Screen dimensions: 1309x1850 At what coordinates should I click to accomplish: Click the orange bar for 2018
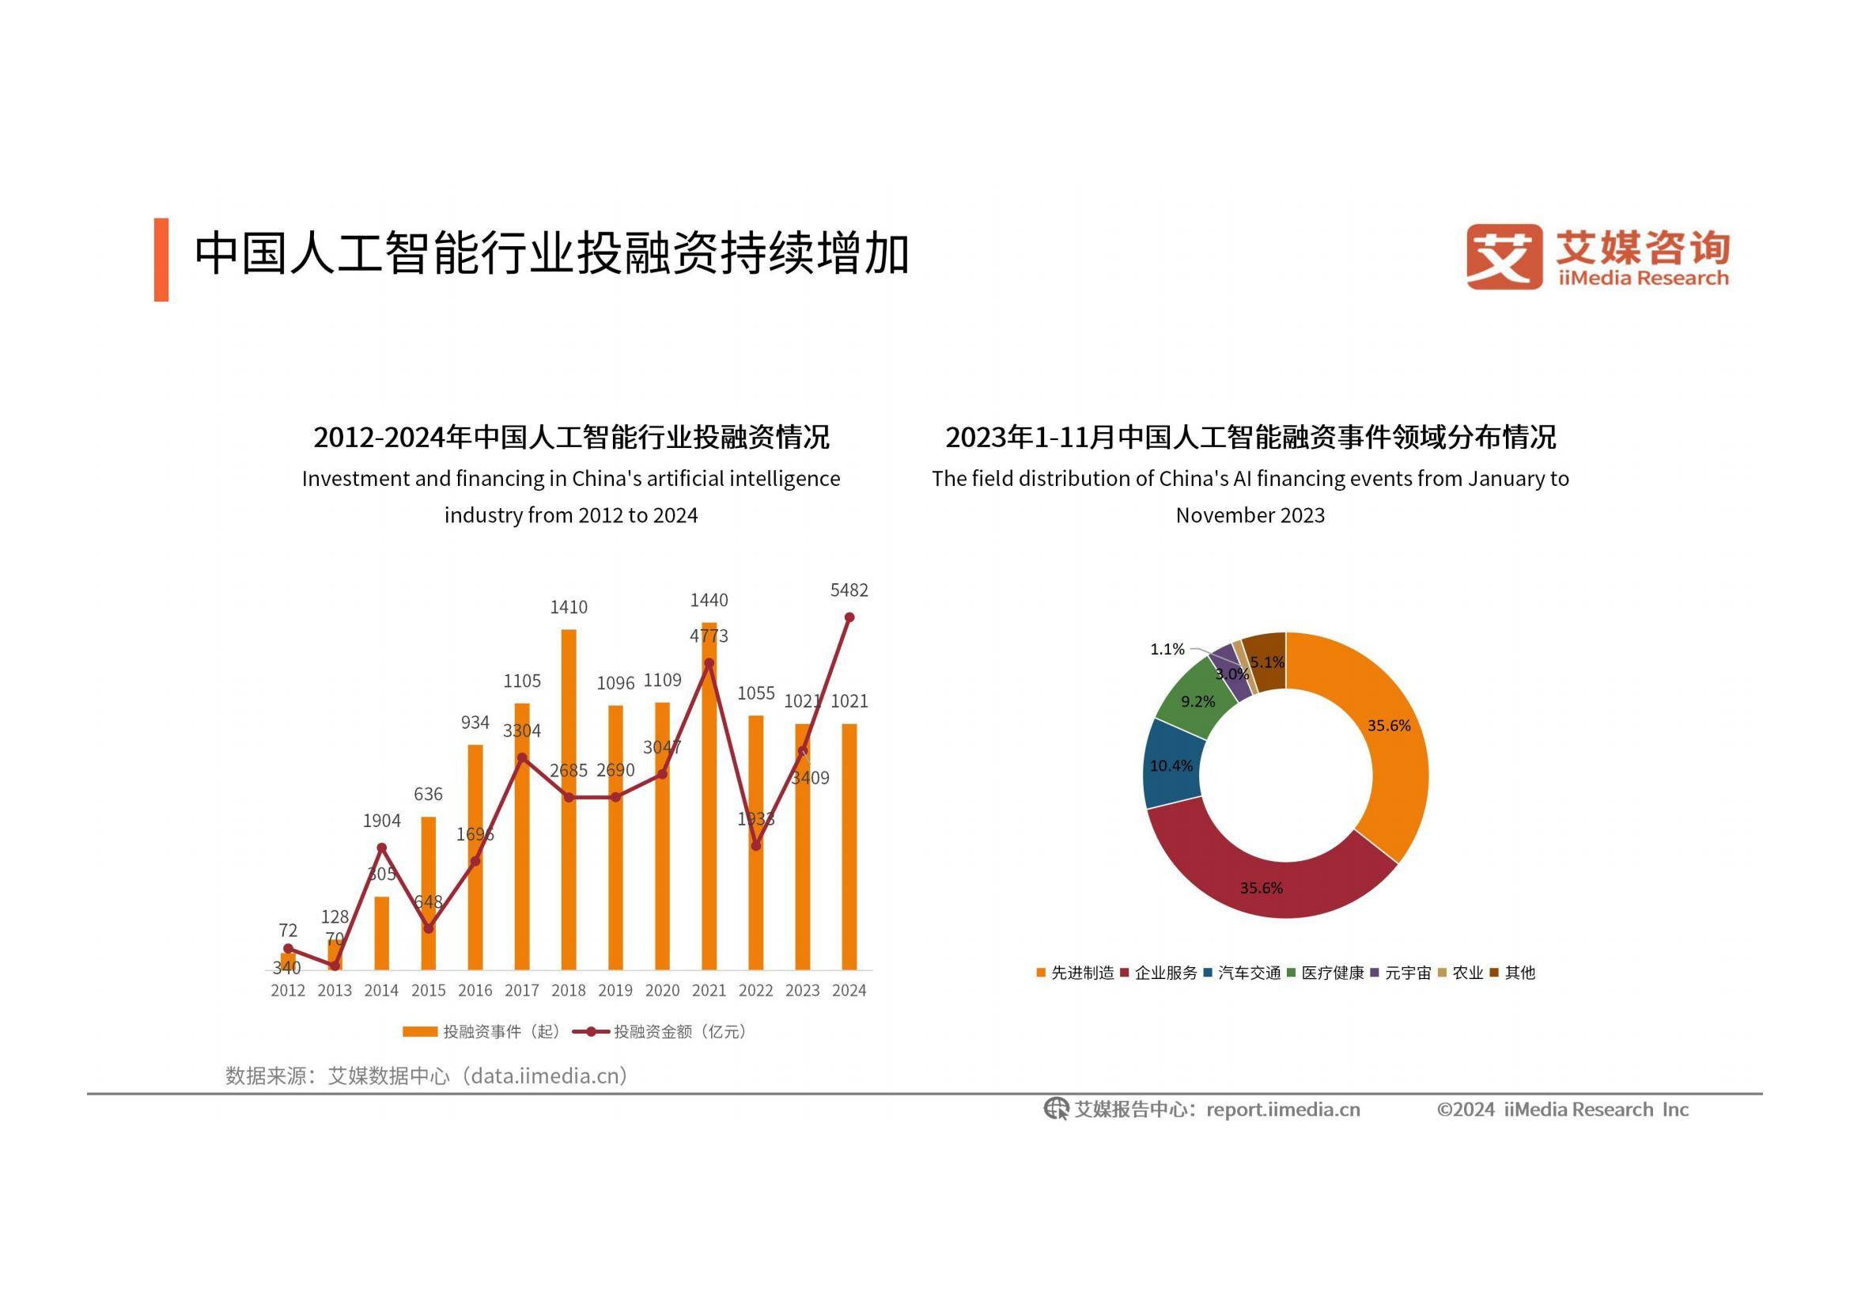(x=568, y=798)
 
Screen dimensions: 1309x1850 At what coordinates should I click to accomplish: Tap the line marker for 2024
(x=849, y=617)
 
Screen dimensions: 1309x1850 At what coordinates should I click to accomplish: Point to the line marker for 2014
(x=382, y=848)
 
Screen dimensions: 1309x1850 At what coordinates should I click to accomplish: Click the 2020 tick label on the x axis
(x=662, y=990)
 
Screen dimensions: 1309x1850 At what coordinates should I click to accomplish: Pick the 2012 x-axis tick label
(x=288, y=990)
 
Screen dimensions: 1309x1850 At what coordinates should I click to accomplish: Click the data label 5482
(x=849, y=591)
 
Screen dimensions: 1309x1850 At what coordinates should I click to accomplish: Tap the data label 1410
(x=569, y=608)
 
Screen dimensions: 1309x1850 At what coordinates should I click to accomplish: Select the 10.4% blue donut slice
(x=1173, y=765)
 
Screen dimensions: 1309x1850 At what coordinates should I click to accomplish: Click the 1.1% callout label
(x=1167, y=650)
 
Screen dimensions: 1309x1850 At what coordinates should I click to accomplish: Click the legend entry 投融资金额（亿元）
(x=679, y=1032)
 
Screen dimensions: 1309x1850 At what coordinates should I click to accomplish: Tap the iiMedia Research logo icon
(x=1504, y=256)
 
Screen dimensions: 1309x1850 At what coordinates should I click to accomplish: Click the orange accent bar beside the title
(x=161, y=260)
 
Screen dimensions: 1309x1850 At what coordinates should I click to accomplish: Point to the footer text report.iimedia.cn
(x=1283, y=1110)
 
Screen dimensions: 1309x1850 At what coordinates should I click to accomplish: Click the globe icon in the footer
(x=1056, y=1110)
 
